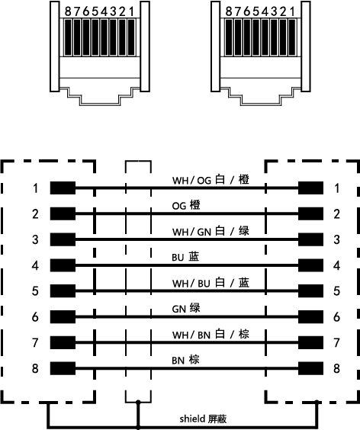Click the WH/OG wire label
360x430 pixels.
pos(211,180)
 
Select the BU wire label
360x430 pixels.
pos(185,257)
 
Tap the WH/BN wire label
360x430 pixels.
pos(211,335)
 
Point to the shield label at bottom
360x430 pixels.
pos(203,419)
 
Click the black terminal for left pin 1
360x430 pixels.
pos(63,188)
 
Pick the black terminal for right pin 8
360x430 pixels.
pos(310,368)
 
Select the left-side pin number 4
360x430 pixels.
pos(35,265)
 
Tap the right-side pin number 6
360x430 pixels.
pos(336,317)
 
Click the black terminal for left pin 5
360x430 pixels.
pos(63,291)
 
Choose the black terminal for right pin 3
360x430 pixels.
pos(310,239)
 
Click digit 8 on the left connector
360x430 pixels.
pos(68,11)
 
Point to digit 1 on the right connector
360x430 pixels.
pos(293,11)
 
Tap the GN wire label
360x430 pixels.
pos(186,309)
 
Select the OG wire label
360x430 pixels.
pos(186,206)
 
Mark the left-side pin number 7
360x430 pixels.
pos(35,343)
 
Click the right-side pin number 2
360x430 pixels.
pos(336,214)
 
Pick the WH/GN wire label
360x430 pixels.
pos(211,232)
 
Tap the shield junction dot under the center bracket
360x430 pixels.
pos(138,403)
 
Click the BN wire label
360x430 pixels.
pos(185,361)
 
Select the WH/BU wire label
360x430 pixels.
pos(211,283)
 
